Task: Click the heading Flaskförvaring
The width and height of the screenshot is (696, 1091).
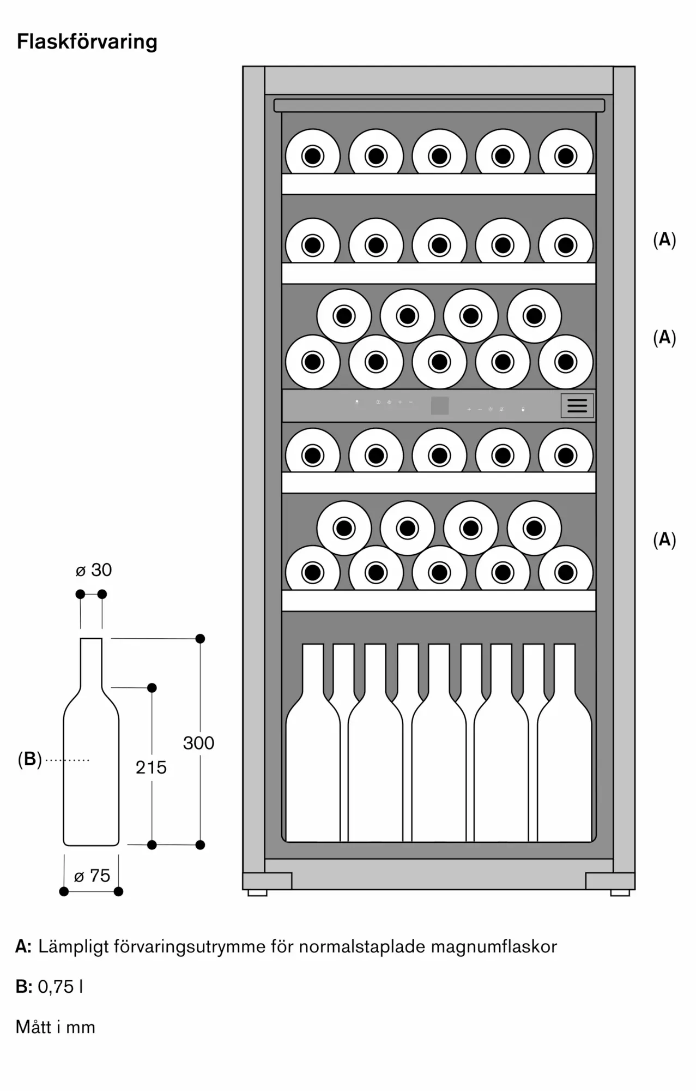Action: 87,42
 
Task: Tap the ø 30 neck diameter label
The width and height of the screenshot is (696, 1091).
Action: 93,570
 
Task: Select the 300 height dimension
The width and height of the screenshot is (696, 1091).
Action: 198,743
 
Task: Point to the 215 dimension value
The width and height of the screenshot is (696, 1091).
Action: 151,768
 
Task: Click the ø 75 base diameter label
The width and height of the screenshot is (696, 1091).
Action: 92,876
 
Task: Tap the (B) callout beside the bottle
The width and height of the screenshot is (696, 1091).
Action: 29,759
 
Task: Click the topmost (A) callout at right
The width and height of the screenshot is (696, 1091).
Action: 664,239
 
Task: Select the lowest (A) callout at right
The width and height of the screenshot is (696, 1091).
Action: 664,539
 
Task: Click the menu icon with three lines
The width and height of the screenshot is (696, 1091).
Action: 577,405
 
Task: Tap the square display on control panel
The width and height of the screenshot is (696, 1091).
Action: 440,405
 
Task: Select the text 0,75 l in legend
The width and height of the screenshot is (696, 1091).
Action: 60,987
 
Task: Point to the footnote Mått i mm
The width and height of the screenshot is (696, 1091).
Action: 56,1027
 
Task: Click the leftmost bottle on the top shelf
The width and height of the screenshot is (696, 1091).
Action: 313,156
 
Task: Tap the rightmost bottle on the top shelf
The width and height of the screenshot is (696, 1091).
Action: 566,156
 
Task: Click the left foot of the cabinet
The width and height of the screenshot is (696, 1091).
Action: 258,892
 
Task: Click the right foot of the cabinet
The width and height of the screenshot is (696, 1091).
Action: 620,892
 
